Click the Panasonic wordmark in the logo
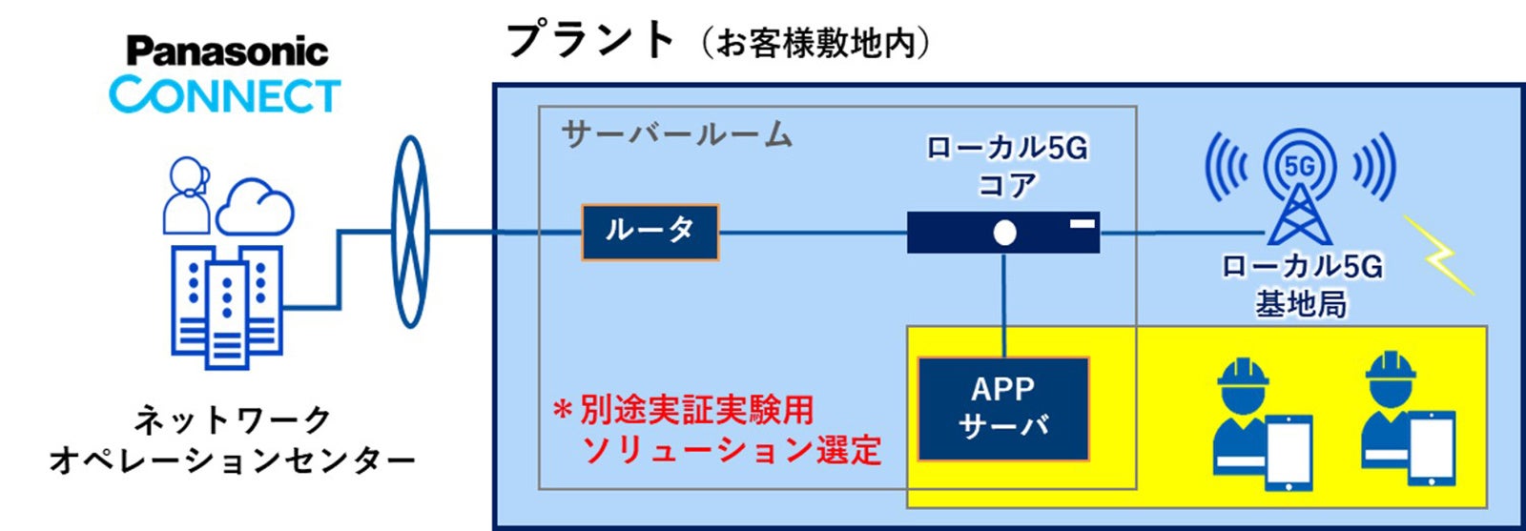pyautogui.click(x=227, y=51)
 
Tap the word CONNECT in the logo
pyautogui.click(x=225, y=95)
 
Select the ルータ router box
pyautogui.click(x=650, y=232)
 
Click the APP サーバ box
pyautogui.click(x=1003, y=408)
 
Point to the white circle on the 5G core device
pyautogui.click(x=1004, y=233)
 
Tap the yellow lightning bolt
pyautogui.click(x=1440, y=255)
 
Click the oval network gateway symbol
pyautogui.click(x=411, y=232)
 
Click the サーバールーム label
pyautogui.click(x=676, y=134)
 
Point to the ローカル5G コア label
pyautogui.click(x=1007, y=165)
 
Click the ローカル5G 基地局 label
pyautogui.click(x=1302, y=284)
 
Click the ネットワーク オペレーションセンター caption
pyautogui.click(x=232, y=439)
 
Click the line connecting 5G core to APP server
pyautogui.click(x=1004, y=305)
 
